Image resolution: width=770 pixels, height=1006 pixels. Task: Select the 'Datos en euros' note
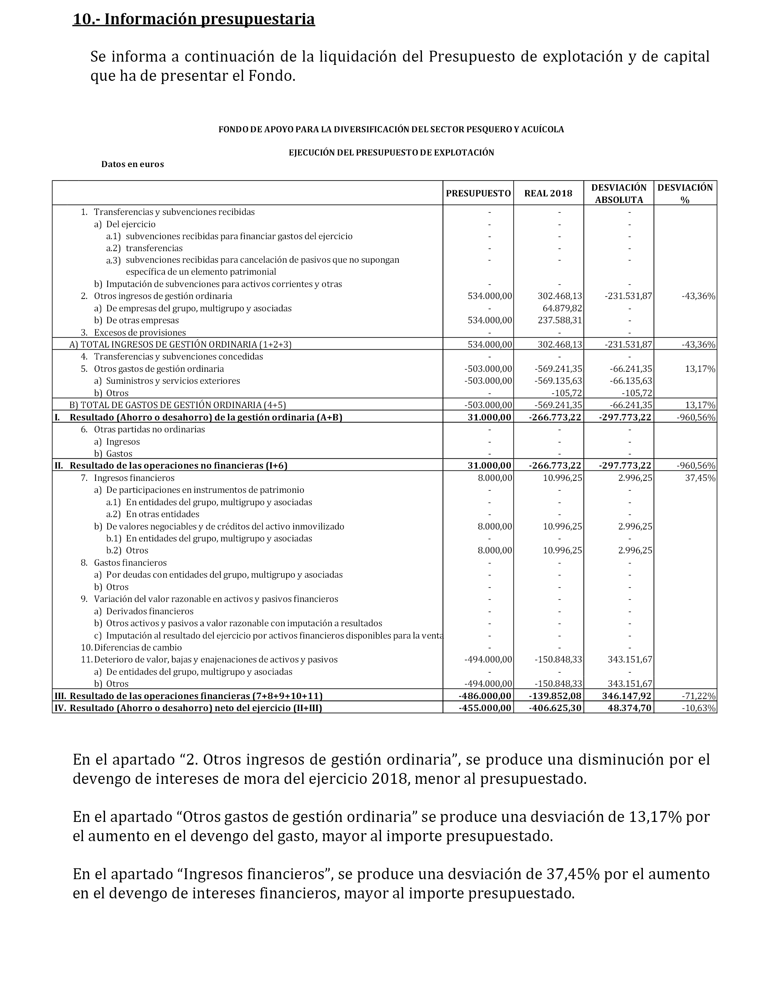tap(133, 164)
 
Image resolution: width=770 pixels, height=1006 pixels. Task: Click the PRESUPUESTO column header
tap(478, 194)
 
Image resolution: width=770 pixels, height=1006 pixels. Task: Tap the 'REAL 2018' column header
tap(548, 194)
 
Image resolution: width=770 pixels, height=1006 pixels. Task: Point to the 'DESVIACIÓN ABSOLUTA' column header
tap(619, 194)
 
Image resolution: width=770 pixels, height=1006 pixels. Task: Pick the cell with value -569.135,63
tap(558, 381)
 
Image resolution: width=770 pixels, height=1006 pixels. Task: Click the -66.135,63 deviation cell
tap(631, 381)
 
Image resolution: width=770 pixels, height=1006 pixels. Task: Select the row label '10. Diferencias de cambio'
tap(131, 648)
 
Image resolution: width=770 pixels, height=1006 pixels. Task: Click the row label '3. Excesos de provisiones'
tap(133, 332)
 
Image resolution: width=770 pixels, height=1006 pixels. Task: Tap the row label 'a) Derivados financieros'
tap(144, 611)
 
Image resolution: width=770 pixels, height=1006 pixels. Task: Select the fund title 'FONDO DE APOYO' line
tap(391, 129)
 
